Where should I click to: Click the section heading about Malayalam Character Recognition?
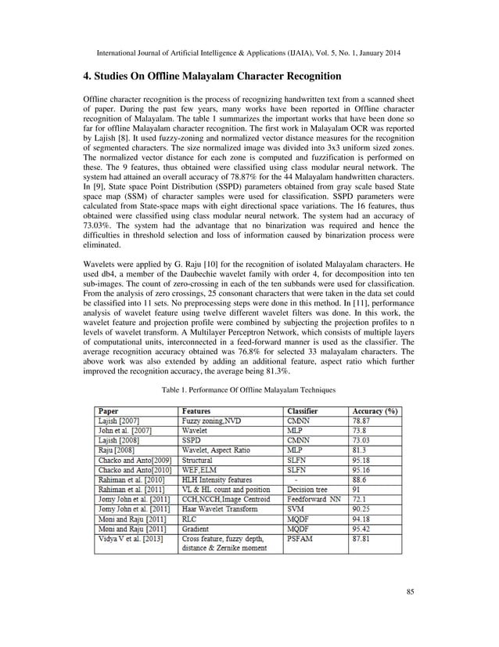point(212,77)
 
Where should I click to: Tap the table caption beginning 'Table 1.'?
point(248,389)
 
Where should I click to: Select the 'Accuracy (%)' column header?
point(375,410)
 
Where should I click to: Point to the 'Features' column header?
point(201,410)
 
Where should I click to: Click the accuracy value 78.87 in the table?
point(364,421)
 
